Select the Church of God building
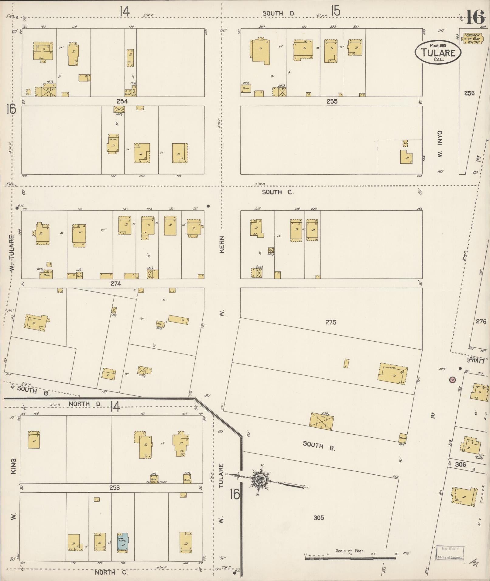(471, 39)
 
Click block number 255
(332, 101)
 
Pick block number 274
(116, 283)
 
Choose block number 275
(331, 322)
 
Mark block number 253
(115, 488)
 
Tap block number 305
(318, 518)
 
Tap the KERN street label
(222, 244)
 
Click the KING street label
(13, 466)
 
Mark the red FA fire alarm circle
(452, 380)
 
